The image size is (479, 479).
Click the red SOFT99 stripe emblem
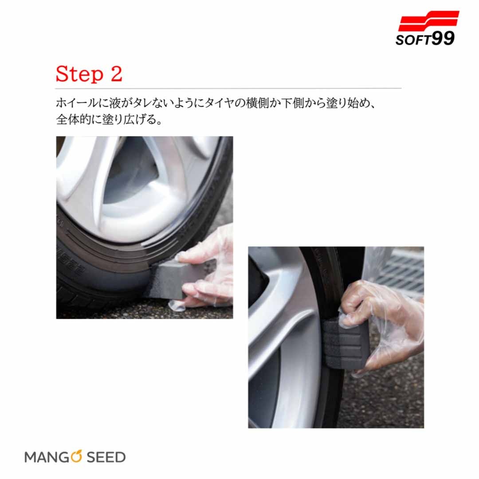[x=428, y=21]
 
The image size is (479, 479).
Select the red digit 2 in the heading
[x=116, y=73]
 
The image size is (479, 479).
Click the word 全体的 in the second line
[x=72, y=119]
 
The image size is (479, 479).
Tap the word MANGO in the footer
[x=53, y=457]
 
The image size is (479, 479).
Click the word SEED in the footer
[x=106, y=457]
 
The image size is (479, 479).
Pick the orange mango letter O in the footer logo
[x=76, y=456]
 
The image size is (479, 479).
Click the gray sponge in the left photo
[x=173, y=277]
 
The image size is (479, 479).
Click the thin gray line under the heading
[x=228, y=89]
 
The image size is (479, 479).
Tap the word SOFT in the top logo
[x=414, y=40]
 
